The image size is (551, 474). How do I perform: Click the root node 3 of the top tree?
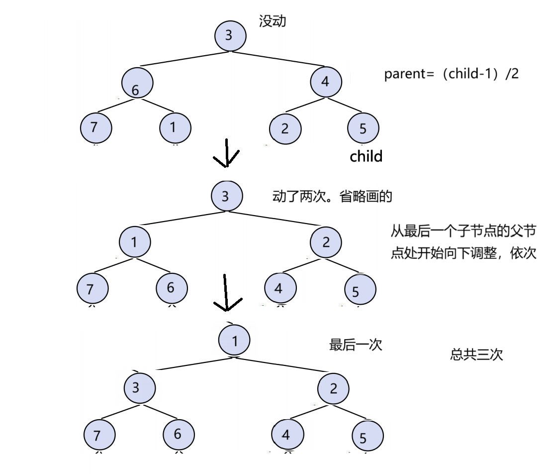pyautogui.click(x=230, y=35)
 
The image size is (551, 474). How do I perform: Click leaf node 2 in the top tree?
pyautogui.click(x=285, y=129)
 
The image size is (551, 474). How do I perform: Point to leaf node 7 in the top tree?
pyautogui.click(x=95, y=128)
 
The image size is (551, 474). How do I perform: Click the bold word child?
pyautogui.click(x=366, y=156)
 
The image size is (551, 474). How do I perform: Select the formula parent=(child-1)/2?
pyautogui.click(x=452, y=74)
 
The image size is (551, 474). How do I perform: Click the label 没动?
pyautogui.click(x=273, y=21)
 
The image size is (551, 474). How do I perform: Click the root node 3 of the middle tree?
pyautogui.click(x=226, y=196)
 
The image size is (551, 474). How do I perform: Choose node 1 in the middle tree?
pyautogui.click(x=135, y=242)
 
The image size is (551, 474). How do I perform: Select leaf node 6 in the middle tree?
pyautogui.click(x=172, y=288)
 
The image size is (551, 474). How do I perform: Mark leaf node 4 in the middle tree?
pyautogui.click(x=280, y=288)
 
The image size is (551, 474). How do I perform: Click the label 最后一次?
pyautogui.click(x=356, y=345)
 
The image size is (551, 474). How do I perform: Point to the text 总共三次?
pyautogui.click(x=476, y=355)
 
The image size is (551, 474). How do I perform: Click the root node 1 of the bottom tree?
pyautogui.click(x=234, y=341)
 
